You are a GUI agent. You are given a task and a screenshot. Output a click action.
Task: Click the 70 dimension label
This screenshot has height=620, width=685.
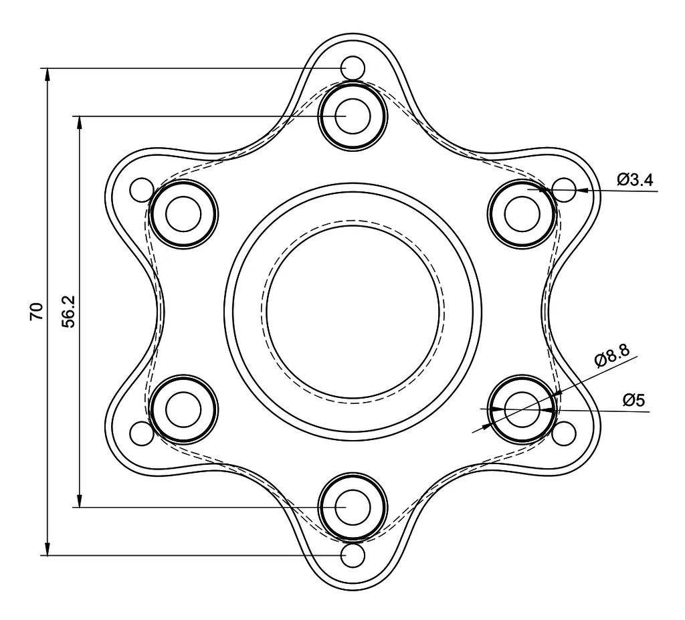(37, 311)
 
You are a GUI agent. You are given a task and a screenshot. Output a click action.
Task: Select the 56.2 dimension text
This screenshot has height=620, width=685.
(69, 311)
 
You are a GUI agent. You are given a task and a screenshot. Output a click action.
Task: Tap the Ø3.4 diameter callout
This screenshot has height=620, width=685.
(635, 179)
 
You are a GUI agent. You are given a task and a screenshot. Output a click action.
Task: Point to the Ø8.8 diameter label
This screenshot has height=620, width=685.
(611, 356)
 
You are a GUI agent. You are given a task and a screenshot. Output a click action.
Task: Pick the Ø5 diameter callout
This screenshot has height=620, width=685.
(634, 400)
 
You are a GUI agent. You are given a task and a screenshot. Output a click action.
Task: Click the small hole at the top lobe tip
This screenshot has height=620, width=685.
(353, 68)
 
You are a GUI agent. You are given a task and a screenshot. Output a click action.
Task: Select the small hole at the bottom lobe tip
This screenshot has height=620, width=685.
(353, 555)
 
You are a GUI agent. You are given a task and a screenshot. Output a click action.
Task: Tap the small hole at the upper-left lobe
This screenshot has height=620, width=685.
(142, 190)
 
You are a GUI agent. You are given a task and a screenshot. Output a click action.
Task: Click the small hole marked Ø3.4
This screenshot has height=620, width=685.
(564, 190)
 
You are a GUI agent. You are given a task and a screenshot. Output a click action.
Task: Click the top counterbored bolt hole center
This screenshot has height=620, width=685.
(353, 116)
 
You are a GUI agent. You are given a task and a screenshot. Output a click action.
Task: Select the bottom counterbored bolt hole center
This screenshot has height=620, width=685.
(353, 507)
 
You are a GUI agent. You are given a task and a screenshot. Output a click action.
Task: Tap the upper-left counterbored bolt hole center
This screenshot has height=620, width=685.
(183, 214)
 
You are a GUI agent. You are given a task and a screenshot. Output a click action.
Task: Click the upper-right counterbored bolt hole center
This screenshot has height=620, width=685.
(522, 214)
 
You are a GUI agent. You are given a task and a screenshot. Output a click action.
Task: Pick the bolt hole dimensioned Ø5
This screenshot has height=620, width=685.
(522, 409)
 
